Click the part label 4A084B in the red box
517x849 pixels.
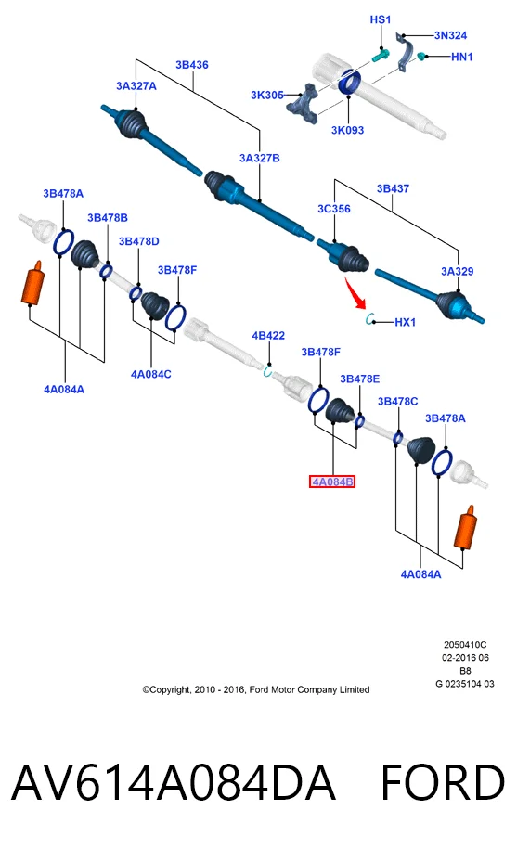pos(332,482)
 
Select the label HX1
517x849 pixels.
pos(405,322)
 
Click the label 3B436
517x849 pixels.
pos(191,65)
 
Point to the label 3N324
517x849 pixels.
pos(450,36)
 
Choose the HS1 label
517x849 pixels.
pos(380,19)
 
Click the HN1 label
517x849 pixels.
pos(462,57)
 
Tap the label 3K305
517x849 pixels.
pos(267,96)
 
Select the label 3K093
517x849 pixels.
pos(347,130)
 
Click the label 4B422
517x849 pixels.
pos(268,336)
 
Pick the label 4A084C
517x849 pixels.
pos(151,374)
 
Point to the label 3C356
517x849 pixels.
pos(334,209)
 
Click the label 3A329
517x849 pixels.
pos(457,271)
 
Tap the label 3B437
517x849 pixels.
pos(393,188)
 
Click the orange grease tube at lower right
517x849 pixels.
pos(466,527)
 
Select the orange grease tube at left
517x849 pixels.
pos(33,282)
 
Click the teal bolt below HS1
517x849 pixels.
pos(381,56)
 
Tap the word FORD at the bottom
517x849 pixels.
pos(443,783)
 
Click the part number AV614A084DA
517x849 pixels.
pos(174,783)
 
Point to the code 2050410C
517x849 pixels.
pos(465,645)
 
